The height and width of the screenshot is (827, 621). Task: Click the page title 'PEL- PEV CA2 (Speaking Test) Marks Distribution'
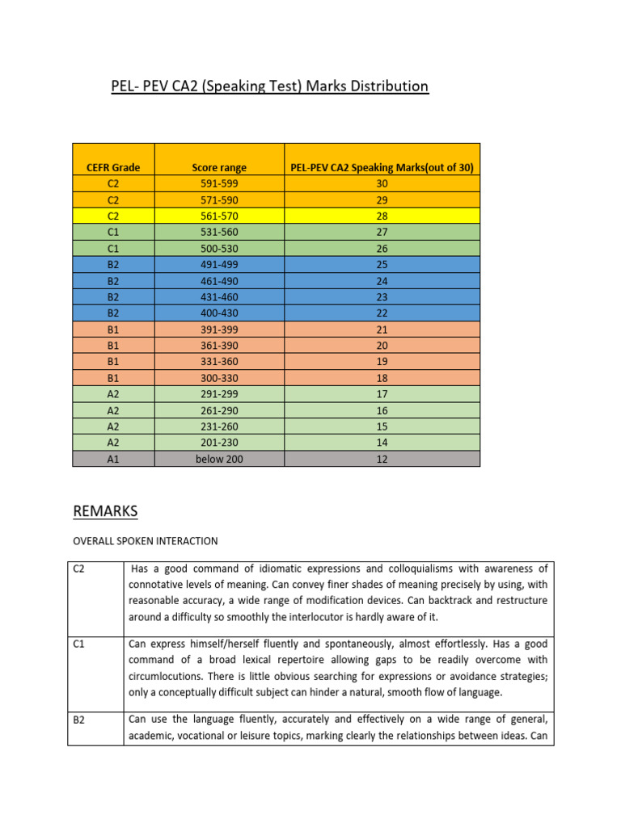[x=270, y=86]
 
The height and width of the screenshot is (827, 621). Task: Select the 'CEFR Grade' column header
[x=113, y=167]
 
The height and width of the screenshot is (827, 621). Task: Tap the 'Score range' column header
[x=219, y=167]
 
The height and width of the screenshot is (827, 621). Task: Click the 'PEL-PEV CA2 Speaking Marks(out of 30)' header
[x=382, y=167]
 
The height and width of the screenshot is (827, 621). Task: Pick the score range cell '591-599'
[x=219, y=183]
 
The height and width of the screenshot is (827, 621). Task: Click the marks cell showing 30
[x=382, y=183]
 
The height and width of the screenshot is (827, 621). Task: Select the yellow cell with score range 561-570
[x=219, y=216]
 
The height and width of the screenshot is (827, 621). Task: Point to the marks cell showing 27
[x=382, y=232]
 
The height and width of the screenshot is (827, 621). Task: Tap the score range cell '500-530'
[x=219, y=248]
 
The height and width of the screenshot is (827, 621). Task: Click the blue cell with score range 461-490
[x=219, y=280]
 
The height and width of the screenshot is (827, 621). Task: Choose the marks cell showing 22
[x=382, y=313]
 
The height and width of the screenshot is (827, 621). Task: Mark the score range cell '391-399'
[x=219, y=330]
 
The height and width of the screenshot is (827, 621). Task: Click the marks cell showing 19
[x=382, y=362]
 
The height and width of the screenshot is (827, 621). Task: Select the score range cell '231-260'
[x=219, y=426]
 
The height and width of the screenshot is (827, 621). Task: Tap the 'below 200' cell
[x=219, y=459]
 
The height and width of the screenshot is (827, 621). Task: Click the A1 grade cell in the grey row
[x=113, y=459]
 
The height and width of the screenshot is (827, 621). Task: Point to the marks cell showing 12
[x=382, y=459]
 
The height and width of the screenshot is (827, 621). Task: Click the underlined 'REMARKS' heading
[x=106, y=511]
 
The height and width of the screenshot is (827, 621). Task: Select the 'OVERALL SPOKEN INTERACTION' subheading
[x=146, y=540]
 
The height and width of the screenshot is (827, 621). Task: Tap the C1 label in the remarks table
[x=79, y=644]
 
